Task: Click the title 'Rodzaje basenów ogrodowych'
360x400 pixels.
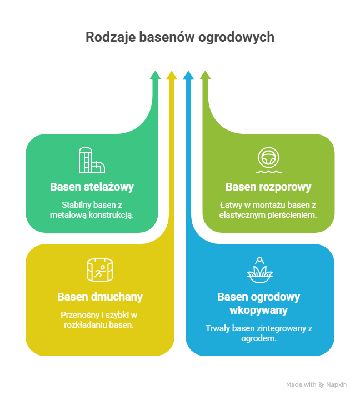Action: [x=180, y=37]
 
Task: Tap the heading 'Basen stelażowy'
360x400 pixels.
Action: [x=92, y=187]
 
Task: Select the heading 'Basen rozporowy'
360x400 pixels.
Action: [x=268, y=187]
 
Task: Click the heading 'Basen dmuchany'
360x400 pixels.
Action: [x=100, y=297]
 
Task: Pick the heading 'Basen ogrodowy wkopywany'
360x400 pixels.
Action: [x=258, y=303]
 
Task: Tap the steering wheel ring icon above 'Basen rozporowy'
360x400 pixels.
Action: [x=268, y=159]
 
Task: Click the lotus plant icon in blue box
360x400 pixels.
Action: [x=259, y=269]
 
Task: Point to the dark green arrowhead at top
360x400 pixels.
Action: [x=156, y=76]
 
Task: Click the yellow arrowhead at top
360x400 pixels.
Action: [x=172, y=76]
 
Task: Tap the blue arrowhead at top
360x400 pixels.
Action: [x=188, y=76]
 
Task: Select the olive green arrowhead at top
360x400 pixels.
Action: [x=205, y=76]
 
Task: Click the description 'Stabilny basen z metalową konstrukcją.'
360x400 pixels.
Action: [x=92, y=209]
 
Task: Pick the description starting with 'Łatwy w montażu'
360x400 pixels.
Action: [x=268, y=209]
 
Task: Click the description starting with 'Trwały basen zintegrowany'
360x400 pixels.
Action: [x=259, y=332]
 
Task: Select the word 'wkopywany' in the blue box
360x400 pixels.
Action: [x=258, y=309]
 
